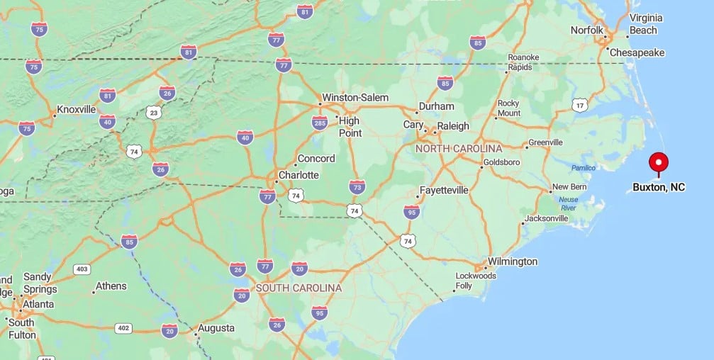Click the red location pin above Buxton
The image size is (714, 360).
[x=659, y=162]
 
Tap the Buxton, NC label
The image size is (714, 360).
[x=659, y=188]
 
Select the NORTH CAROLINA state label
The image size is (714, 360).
[x=459, y=149]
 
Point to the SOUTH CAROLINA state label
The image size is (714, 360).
[x=299, y=288]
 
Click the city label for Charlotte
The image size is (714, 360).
[x=299, y=175]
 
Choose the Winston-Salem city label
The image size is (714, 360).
[x=355, y=98]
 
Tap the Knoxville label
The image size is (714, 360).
[x=77, y=110]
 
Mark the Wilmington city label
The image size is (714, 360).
[x=513, y=261]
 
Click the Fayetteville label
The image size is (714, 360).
[x=445, y=190]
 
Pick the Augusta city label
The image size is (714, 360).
[x=216, y=328]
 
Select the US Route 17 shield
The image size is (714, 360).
[x=579, y=106]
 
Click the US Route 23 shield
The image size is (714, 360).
[x=153, y=113]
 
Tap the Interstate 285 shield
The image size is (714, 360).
[x=320, y=123]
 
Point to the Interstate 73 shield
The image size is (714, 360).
[x=357, y=186]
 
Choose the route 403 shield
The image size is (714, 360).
[x=82, y=269]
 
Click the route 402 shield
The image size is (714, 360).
[x=124, y=327]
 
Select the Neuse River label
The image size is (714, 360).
[x=569, y=204]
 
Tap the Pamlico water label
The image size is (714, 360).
[x=584, y=168]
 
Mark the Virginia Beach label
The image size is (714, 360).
[x=643, y=24]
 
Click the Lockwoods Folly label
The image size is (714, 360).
[x=475, y=281]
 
